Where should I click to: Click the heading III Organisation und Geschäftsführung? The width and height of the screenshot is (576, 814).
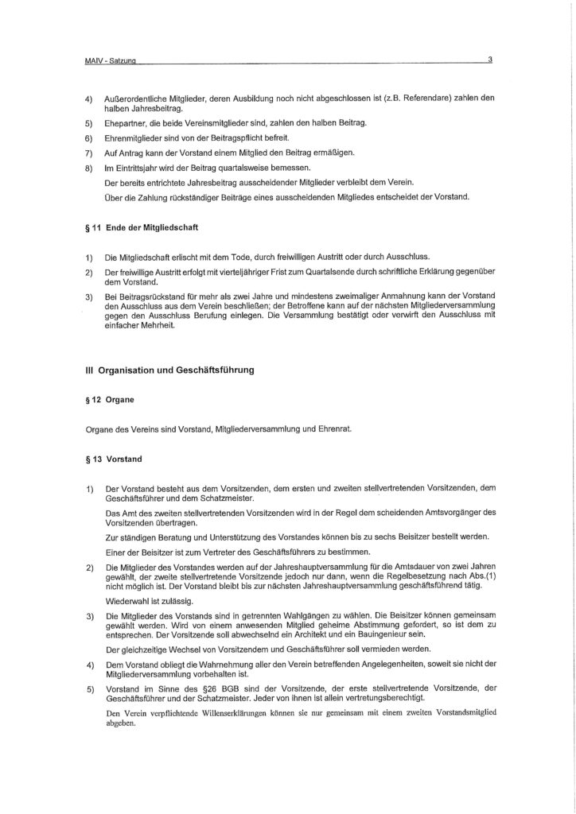(x=177, y=370)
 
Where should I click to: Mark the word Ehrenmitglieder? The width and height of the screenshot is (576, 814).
(x=140, y=138)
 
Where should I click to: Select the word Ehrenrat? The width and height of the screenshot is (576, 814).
(x=333, y=430)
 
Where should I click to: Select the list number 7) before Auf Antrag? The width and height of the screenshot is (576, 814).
(x=89, y=151)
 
